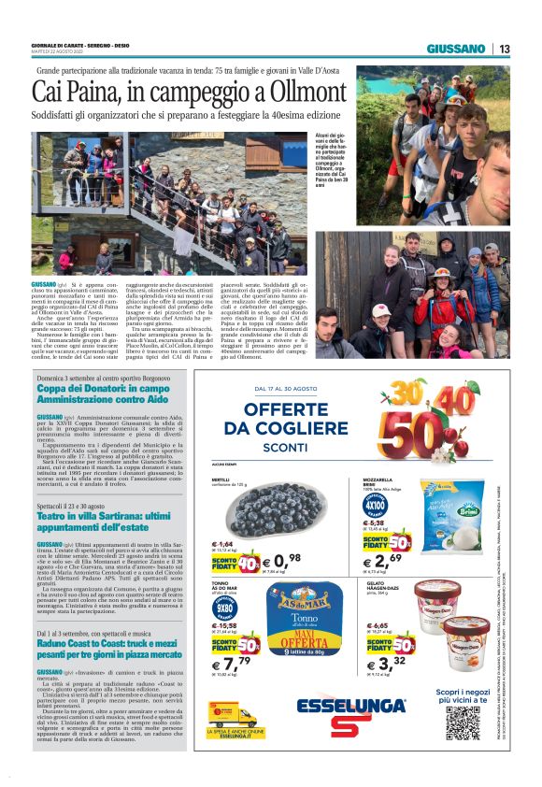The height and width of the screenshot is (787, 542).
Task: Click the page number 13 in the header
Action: [504, 49]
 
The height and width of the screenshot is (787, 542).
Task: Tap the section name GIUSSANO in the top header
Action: [455, 49]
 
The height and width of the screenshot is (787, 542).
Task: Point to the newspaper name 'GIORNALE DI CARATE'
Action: [66, 45]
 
